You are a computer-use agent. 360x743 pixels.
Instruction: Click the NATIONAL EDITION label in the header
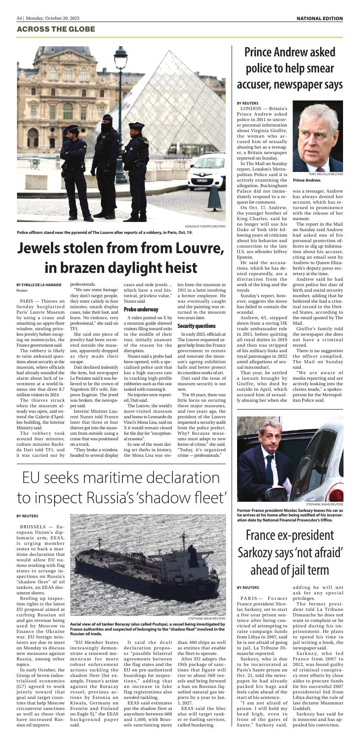point(319,18)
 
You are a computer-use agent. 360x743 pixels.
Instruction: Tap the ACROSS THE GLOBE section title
point(55,29)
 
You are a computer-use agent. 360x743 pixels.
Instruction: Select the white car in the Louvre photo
point(206,177)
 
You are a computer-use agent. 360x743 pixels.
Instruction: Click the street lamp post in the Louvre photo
point(121,115)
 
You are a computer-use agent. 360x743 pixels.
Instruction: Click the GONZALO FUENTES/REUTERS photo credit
point(205,226)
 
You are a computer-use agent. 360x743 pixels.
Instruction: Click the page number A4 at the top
point(19,18)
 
